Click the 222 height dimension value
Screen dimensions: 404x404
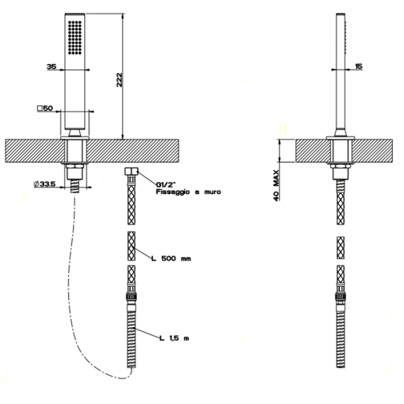pos(119,80)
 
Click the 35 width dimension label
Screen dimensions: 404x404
pos(52,67)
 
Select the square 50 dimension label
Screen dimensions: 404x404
pos(45,108)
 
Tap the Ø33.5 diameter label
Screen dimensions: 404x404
pos(44,184)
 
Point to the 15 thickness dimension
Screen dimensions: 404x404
pos(358,66)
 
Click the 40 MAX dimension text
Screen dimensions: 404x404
pos(276,185)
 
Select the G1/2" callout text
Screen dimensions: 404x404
pos(166,184)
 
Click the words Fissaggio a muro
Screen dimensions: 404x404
pos(189,192)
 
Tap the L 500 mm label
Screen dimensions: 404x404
pos(171,259)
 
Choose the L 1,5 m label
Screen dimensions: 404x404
pos(174,338)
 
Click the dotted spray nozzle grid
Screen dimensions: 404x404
pos(75,37)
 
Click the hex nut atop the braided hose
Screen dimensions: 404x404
pos(131,171)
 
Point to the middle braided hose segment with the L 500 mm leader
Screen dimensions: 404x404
pos(131,246)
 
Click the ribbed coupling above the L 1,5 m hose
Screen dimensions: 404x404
pos(131,296)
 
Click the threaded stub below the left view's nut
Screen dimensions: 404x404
pos(75,186)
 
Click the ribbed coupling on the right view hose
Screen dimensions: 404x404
pos(341,296)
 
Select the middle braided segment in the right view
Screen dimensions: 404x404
pos(341,248)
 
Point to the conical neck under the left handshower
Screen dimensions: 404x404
pos(75,133)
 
